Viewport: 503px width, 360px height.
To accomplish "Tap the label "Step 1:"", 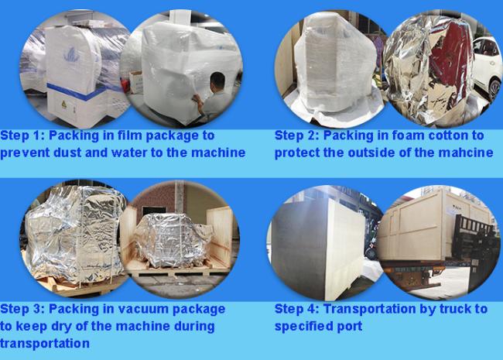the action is tap(22, 135).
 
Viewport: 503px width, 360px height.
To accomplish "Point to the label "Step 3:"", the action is tap(22, 309).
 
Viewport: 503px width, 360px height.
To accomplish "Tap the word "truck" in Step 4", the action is tap(453, 309).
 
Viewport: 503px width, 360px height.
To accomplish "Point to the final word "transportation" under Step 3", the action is tap(45, 343).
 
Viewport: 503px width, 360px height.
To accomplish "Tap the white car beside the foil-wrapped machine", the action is tap(488, 67).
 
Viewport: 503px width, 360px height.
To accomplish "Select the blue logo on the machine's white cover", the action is tap(72, 55).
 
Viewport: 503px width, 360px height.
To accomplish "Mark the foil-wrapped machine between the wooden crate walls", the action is tap(171, 239).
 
